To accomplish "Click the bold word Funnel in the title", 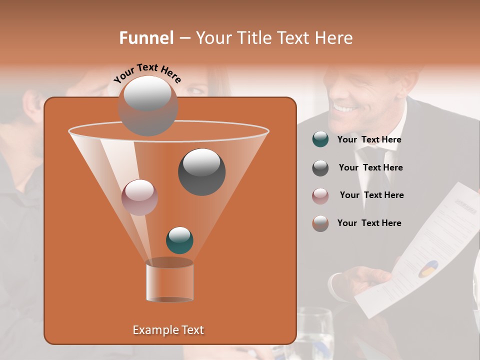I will (146, 38).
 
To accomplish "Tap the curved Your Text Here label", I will (147, 73).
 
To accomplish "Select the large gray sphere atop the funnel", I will (147, 105).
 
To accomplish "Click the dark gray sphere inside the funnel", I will (201, 171).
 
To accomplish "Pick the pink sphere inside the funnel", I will (139, 197).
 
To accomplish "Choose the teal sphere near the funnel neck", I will (179, 240).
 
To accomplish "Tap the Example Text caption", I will (168, 330).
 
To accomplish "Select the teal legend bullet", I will (320, 139).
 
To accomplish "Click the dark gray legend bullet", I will (320, 168).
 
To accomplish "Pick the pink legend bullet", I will (320, 195).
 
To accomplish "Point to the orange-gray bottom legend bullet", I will (320, 223).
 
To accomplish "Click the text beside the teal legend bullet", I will (369, 140).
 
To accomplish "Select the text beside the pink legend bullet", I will (371, 195).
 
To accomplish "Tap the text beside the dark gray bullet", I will (370, 167).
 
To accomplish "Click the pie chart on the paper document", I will (428, 268).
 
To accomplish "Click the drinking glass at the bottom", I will (315, 332).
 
